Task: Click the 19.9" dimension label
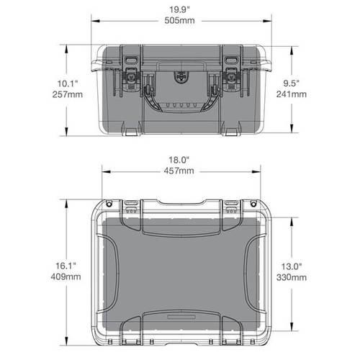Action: (x=180, y=9)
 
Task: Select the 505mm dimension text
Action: (x=180, y=21)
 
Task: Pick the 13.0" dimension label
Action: (x=291, y=265)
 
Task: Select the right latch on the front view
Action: (x=231, y=73)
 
